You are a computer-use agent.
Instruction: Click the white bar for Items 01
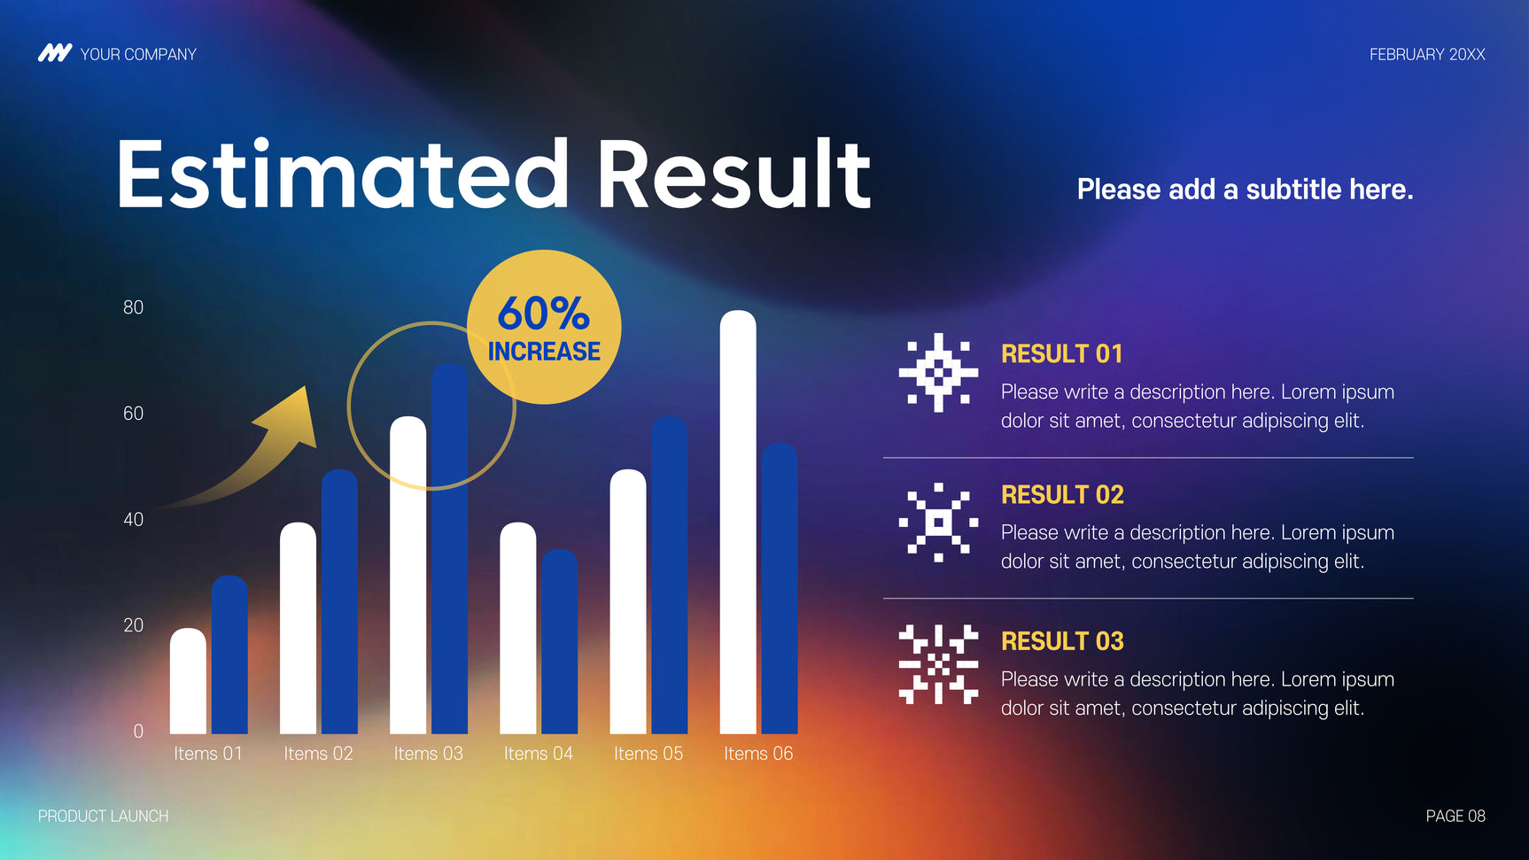[x=188, y=681]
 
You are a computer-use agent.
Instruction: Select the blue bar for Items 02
[x=339, y=601]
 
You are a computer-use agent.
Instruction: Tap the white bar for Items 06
[x=738, y=522]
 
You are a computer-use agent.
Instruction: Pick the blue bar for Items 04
[x=559, y=641]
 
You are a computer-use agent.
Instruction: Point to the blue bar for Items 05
[x=670, y=575]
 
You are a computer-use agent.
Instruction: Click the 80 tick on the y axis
[x=133, y=307]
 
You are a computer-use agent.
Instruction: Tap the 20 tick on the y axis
[x=133, y=625]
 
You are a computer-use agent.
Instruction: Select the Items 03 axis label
[x=429, y=754]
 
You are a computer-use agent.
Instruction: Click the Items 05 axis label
[x=648, y=754]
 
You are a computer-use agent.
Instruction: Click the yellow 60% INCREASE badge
[x=544, y=327]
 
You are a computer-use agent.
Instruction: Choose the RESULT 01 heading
[x=1062, y=354]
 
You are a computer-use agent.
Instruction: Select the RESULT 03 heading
[x=1062, y=641]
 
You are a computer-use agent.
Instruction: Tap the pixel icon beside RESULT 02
[x=939, y=523]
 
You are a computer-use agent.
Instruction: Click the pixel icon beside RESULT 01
[x=939, y=373]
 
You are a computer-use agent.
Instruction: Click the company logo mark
[x=55, y=53]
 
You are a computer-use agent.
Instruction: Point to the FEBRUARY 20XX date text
[x=1427, y=54]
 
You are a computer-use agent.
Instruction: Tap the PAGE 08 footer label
[x=1455, y=816]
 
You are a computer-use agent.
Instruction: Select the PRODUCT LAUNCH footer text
[x=103, y=816]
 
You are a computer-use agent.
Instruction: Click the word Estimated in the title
[x=343, y=174]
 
